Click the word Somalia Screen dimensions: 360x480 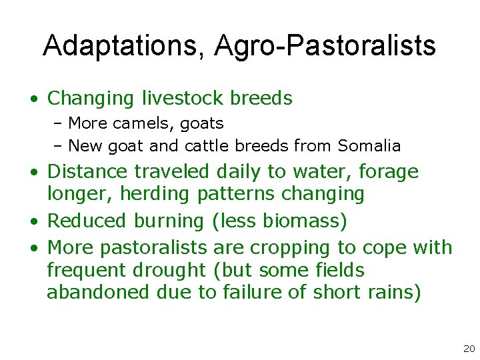[369, 145]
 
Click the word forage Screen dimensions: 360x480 [389, 171]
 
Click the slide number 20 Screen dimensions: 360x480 [468, 349]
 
